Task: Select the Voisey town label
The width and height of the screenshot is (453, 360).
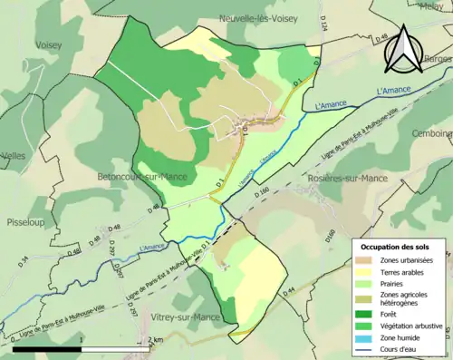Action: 49,44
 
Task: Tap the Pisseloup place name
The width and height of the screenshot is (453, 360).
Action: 26,219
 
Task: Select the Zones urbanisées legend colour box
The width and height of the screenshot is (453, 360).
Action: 365,260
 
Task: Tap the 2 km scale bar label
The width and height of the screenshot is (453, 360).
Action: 156,339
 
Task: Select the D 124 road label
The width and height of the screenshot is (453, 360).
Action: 321,39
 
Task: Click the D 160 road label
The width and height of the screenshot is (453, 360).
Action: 262,192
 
